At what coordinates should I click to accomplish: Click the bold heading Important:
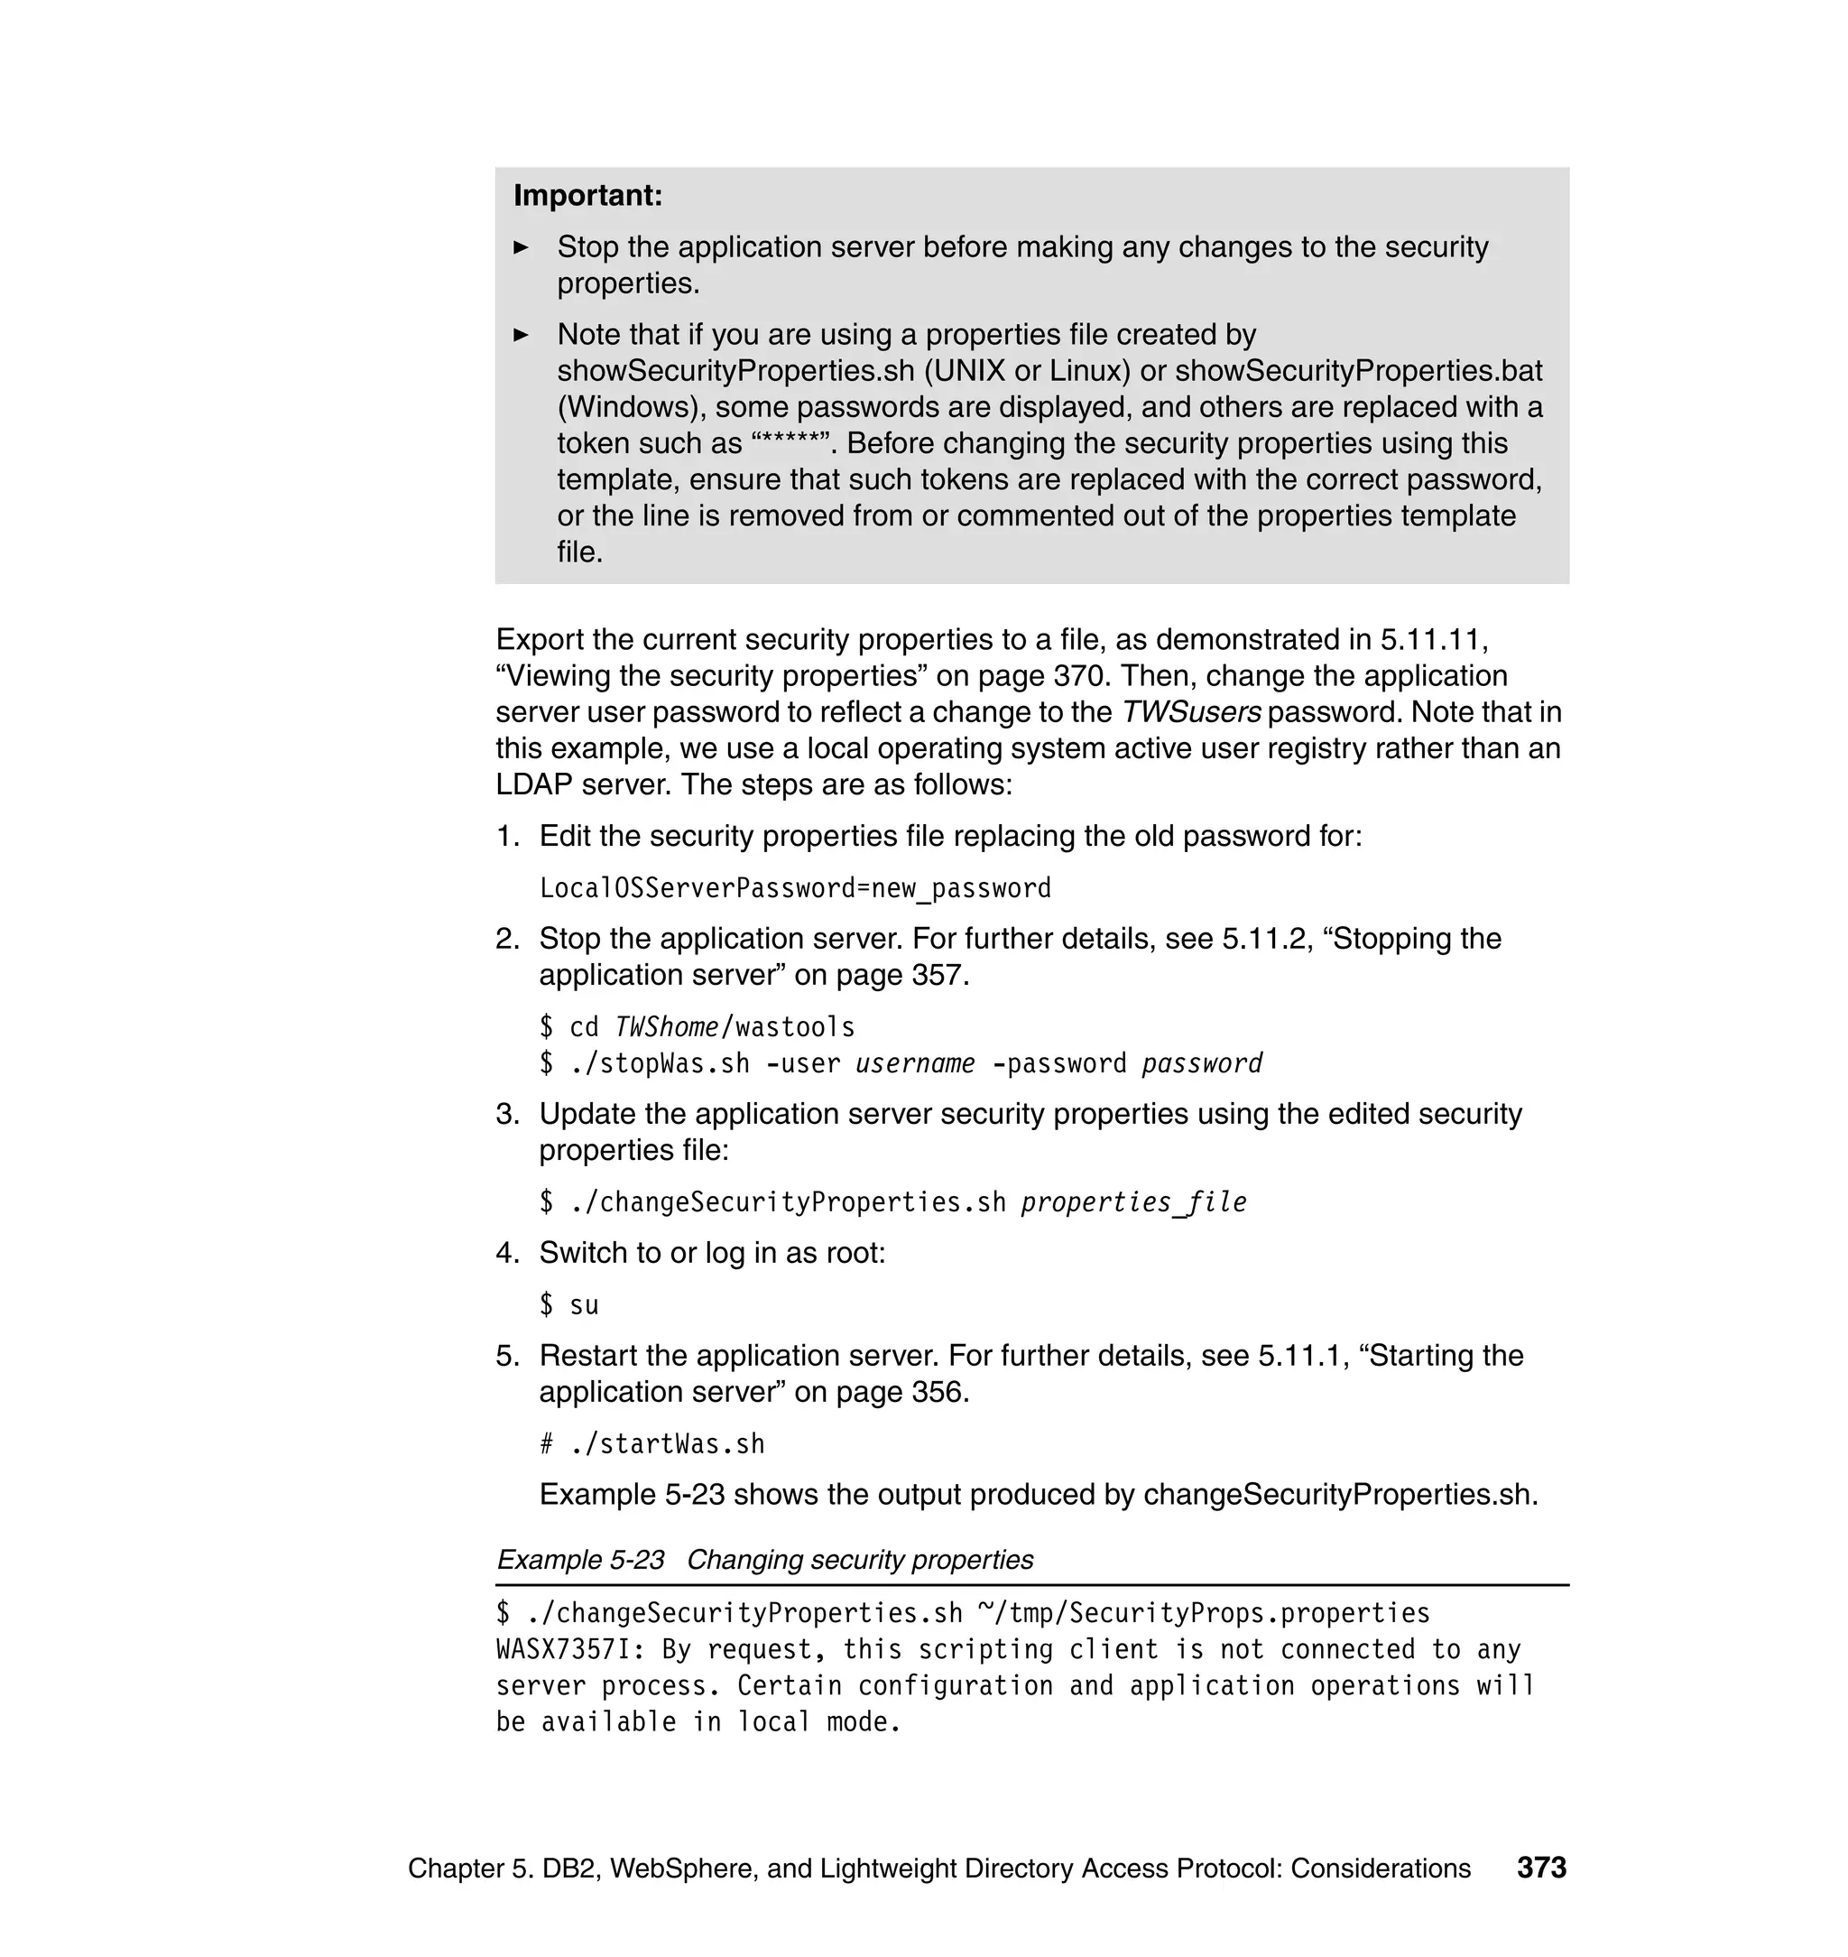(x=587, y=196)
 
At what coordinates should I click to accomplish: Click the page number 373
(x=1540, y=1868)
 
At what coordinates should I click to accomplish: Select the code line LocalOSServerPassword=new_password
(x=795, y=889)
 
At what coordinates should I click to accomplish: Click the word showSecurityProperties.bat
(x=1358, y=372)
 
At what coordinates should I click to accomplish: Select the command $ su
(x=568, y=1305)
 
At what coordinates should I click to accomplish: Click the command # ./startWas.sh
(x=651, y=1444)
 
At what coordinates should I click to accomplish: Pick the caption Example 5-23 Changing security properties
(x=764, y=1560)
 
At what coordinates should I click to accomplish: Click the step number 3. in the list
(x=507, y=1115)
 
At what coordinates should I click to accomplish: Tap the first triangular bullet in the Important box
(x=522, y=247)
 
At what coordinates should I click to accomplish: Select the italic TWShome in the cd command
(x=666, y=1028)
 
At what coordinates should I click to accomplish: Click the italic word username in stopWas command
(x=914, y=1064)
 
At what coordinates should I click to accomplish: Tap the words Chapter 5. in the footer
(x=470, y=1869)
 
